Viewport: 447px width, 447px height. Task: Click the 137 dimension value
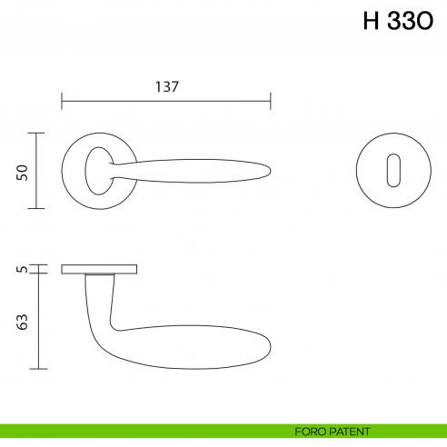(166, 87)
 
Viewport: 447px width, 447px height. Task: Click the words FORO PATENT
(333, 432)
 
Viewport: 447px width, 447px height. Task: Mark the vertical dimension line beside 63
(37, 321)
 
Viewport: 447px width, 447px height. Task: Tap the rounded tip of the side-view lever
(269, 346)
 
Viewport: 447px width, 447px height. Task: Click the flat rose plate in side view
(100, 269)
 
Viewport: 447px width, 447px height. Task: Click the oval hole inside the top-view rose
(94, 171)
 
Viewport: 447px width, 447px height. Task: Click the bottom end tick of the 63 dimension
(37, 369)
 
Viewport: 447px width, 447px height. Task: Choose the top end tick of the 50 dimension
(37, 133)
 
